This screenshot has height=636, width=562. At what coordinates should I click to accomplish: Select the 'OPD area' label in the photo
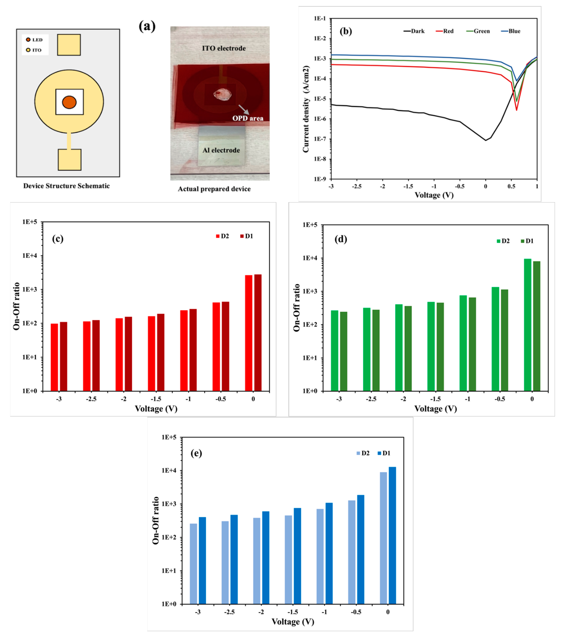click(x=248, y=118)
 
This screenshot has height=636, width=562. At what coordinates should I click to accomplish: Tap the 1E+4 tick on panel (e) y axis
click(x=168, y=470)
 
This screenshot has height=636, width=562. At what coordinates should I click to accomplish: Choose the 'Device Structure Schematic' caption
click(x=67, y=186)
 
